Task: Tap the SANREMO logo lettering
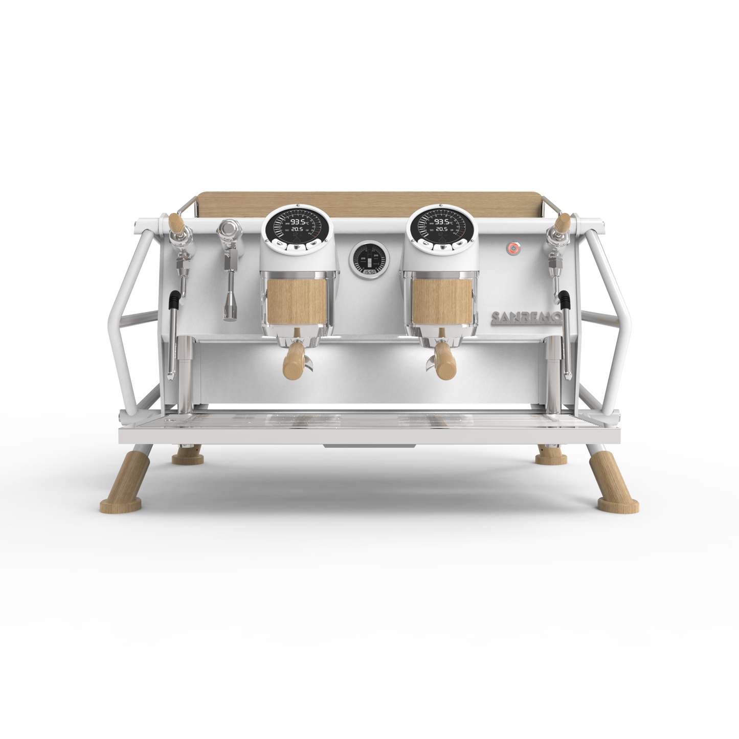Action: (526, 318)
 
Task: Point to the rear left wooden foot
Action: (188, 456)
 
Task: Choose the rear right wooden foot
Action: (551, 456)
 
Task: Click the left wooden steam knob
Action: (176, 222)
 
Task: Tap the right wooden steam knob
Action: (563, 222)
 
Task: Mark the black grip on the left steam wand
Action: (175, 301)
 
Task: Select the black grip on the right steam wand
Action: (565, 301)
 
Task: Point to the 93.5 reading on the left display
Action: (298, 222)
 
